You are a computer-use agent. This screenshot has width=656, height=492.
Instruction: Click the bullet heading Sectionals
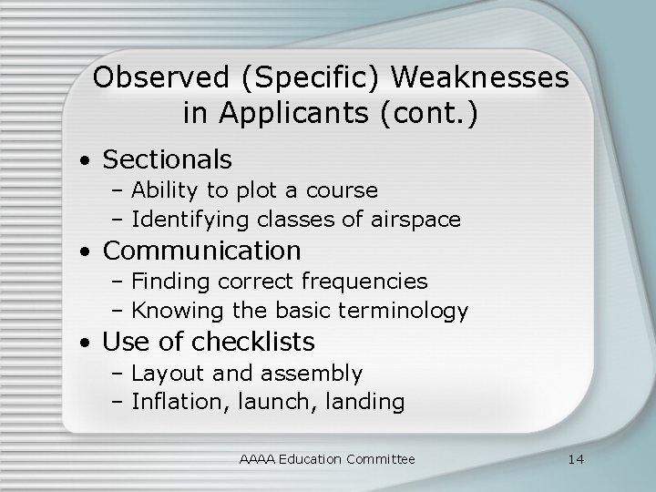click(168, 159)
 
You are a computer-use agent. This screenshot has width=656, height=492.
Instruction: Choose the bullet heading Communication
click(201, 250)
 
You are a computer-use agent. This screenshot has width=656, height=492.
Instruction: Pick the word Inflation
click(170, 402)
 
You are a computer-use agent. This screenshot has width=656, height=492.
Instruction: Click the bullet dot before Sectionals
click(84, 161)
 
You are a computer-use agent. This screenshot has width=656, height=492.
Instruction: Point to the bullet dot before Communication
click(84, 251)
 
